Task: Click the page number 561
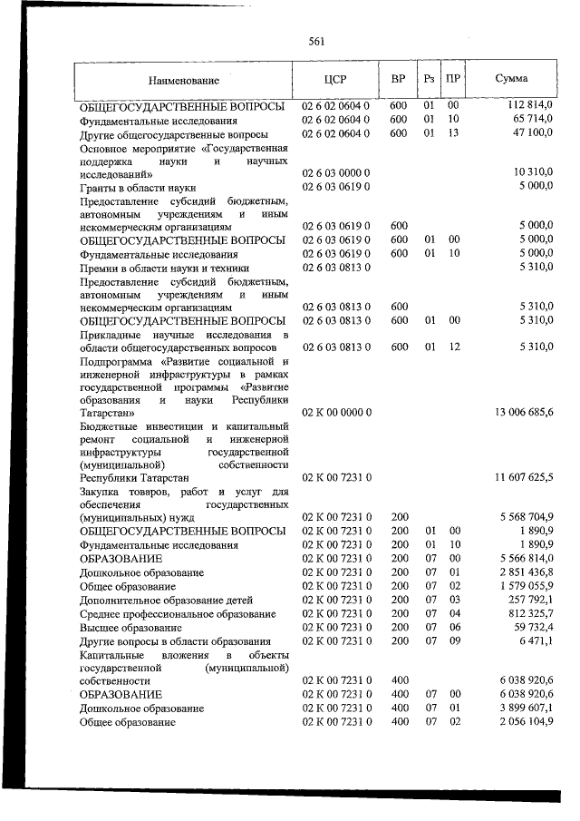point(316,42)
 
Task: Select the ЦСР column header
point(335,79)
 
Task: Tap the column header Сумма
point(512,79)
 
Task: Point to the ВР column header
point(399,79)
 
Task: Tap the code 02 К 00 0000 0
point(336,413)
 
